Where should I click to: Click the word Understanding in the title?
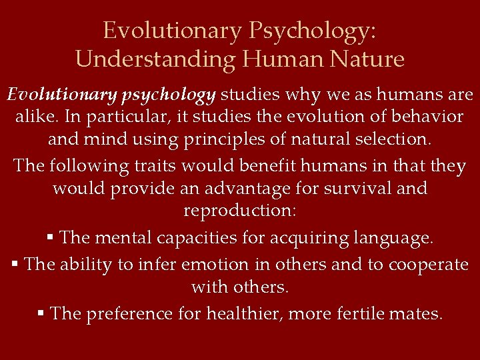156,59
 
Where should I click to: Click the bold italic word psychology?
169,95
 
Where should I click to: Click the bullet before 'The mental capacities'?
51,237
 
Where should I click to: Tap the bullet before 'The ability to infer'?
15,265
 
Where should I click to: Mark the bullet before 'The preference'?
41,313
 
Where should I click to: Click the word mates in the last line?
419,313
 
